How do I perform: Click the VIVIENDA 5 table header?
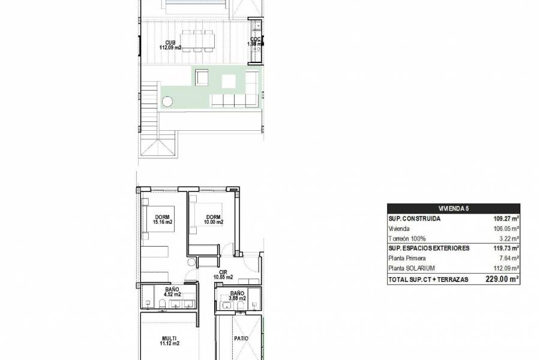454,208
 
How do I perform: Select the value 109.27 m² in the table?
506,218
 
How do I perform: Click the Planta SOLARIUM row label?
412,268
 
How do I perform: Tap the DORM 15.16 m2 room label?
163,220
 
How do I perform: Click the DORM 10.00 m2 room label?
213,220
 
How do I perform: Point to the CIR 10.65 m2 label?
223,275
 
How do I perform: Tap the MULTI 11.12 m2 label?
170,341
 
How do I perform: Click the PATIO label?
241,338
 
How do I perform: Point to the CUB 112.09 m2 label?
170,45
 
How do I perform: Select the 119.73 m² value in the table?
506,248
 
